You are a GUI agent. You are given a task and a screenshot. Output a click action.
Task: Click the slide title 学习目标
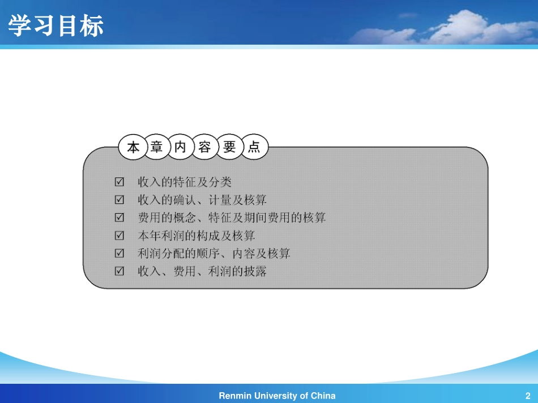click(x=56, y=26)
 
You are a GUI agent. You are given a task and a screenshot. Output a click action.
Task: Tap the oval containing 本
click(x=133, y=148)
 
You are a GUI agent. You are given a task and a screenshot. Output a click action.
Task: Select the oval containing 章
click(x=157, y=148)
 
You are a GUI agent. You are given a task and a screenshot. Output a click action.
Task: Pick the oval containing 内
click(x=181, y=148)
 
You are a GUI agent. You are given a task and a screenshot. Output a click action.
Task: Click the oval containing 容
click(x=205, y=148)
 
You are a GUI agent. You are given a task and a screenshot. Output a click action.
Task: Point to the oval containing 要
click(x=229, y=148)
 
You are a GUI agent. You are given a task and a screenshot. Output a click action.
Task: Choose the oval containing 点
click(x=254, y=148)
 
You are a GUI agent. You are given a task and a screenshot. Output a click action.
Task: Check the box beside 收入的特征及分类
click(x=119, y=182)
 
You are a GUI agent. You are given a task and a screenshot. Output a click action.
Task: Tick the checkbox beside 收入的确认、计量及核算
click(x=119, y=200)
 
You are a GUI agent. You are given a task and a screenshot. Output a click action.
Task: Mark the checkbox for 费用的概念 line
click(x=119, y=218)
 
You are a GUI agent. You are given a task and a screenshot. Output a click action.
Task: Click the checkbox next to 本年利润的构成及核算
click(x=119, y=235)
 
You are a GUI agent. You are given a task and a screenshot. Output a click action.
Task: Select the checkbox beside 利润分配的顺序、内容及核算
click(x=119, y=253)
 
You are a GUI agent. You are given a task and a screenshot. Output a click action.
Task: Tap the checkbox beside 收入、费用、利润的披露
click(x=119, y=271)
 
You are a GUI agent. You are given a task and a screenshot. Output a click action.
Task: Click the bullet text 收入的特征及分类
click(x=185, y=182)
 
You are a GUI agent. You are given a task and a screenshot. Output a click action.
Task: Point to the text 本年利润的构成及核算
click(x=197, y=235)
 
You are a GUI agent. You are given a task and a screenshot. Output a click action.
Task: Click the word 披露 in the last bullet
click(x=255, y=271)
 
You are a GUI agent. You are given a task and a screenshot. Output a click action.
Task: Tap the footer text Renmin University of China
click(x=277, y=396)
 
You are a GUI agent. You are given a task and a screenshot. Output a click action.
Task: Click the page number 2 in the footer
click(x=528, y=396)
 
